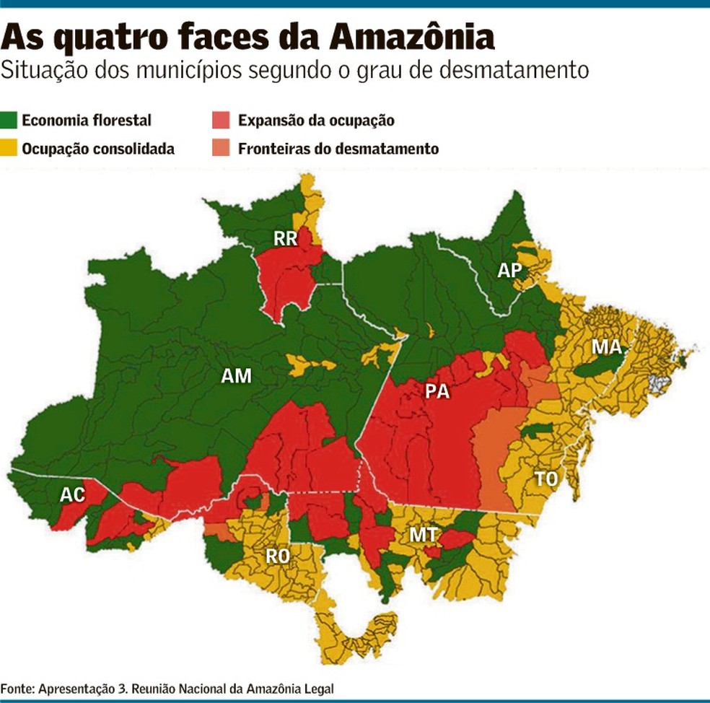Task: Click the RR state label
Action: tap(286, 238)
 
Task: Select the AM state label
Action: tap(236, 376)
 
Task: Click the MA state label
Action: tap(606, 347)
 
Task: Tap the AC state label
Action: tap(72, 494)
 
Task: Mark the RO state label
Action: tap(278, 556)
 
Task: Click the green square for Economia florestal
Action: tap(10, 121)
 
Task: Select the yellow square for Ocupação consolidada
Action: tap(10, 149)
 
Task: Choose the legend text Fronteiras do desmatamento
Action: tap(338, 149)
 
